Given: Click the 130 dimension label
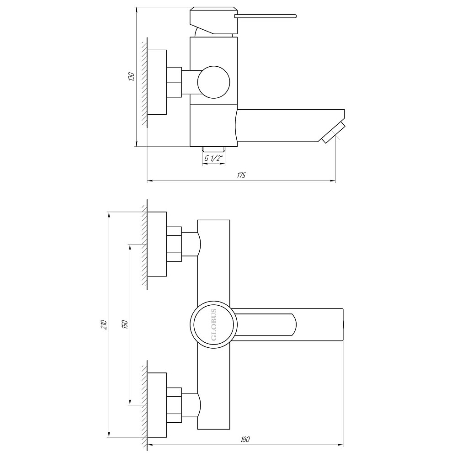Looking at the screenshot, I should click(131, 77).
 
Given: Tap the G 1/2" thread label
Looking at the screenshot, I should click(213, 159).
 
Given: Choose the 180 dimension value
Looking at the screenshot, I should click(245, 440).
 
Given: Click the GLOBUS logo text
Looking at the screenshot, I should click(214, 324).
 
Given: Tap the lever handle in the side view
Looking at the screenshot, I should click(265, 17).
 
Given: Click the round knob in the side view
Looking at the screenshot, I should click(213, 83).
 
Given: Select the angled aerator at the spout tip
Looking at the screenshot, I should click(332, 133).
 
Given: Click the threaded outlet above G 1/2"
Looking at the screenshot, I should click(213, 149).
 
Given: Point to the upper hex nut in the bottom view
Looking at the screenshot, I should click(174, 244).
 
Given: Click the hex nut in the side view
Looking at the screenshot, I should click(174, 82).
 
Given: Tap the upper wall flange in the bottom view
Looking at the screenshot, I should click(157, 244).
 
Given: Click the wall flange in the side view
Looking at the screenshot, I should click(157, 82).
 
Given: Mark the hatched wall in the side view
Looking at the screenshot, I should click(144, 82).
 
